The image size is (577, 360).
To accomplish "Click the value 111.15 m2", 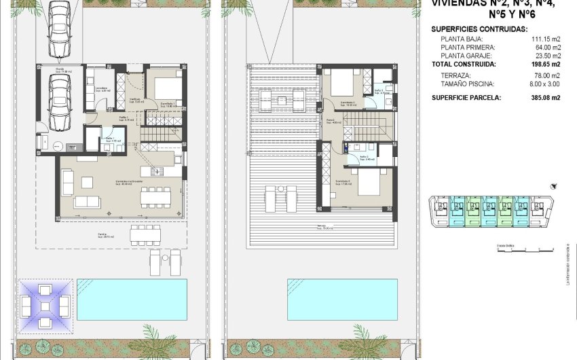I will pos(546,39).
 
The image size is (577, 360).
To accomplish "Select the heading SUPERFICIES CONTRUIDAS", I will pos(479,29).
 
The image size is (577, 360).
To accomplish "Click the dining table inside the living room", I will pos(156,196).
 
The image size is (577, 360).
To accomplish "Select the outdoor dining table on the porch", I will pos(145,235).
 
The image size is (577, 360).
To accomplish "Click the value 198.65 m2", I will pos(546,63).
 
